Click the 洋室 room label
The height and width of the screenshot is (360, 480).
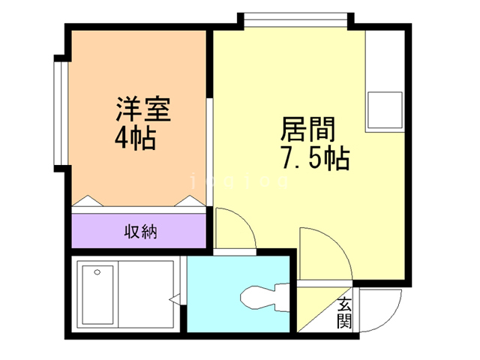pos(143,110)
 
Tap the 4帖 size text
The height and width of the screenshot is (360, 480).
pos(136,138)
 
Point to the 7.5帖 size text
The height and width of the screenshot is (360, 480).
pos(314,158)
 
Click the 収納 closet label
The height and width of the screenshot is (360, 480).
pos(140,231)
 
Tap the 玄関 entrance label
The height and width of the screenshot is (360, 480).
pos(344,314)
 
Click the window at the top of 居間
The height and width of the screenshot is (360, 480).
pos(295,19)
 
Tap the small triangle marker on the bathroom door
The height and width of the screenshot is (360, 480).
pos(174,300)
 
